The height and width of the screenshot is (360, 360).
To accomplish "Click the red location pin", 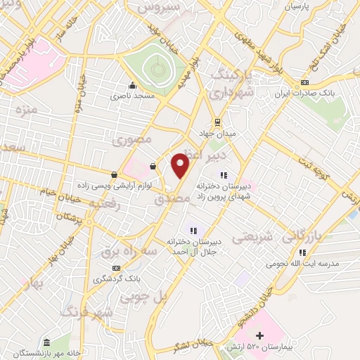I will pos(181,165).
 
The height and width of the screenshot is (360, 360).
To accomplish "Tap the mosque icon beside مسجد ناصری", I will pos(131,85).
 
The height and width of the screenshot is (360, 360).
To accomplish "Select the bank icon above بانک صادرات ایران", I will pos(304,83).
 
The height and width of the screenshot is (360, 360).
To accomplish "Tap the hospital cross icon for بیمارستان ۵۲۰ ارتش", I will pos(260,336).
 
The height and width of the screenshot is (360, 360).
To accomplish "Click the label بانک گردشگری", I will pos(117,278).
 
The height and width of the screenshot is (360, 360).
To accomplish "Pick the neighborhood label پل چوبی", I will pos(144,297).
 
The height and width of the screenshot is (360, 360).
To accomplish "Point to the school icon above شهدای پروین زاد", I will pos(224,175).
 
